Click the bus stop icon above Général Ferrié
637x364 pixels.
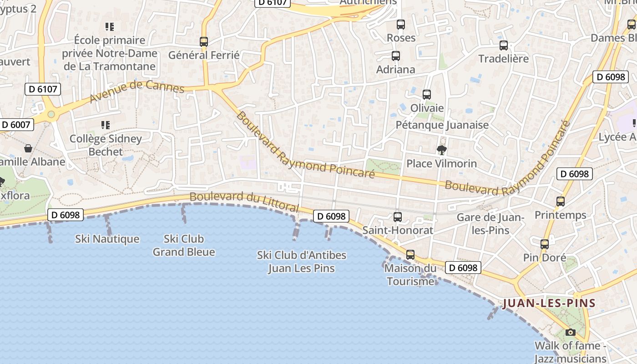(204, 42)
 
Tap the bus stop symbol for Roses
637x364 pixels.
(401, 25)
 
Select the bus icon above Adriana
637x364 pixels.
(396, 56)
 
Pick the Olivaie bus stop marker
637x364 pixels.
(427, 95)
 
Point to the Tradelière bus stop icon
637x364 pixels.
(504, 45)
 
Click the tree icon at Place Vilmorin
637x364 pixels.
(441, 150)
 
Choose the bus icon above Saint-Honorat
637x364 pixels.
(398, 217)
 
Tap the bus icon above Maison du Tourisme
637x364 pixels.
(410, 255)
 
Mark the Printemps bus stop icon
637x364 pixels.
(561, 201)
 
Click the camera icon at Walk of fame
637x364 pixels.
(571, 333)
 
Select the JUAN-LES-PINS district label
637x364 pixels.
(549, 303)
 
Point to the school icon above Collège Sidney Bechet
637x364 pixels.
(106, 125)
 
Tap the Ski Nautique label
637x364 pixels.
(107, 239)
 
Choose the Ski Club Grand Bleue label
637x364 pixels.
(184, 245)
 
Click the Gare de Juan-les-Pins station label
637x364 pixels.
(490, 224)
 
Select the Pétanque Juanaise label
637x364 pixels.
(442, 125)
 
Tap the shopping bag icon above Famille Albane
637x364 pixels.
(28, 148)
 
